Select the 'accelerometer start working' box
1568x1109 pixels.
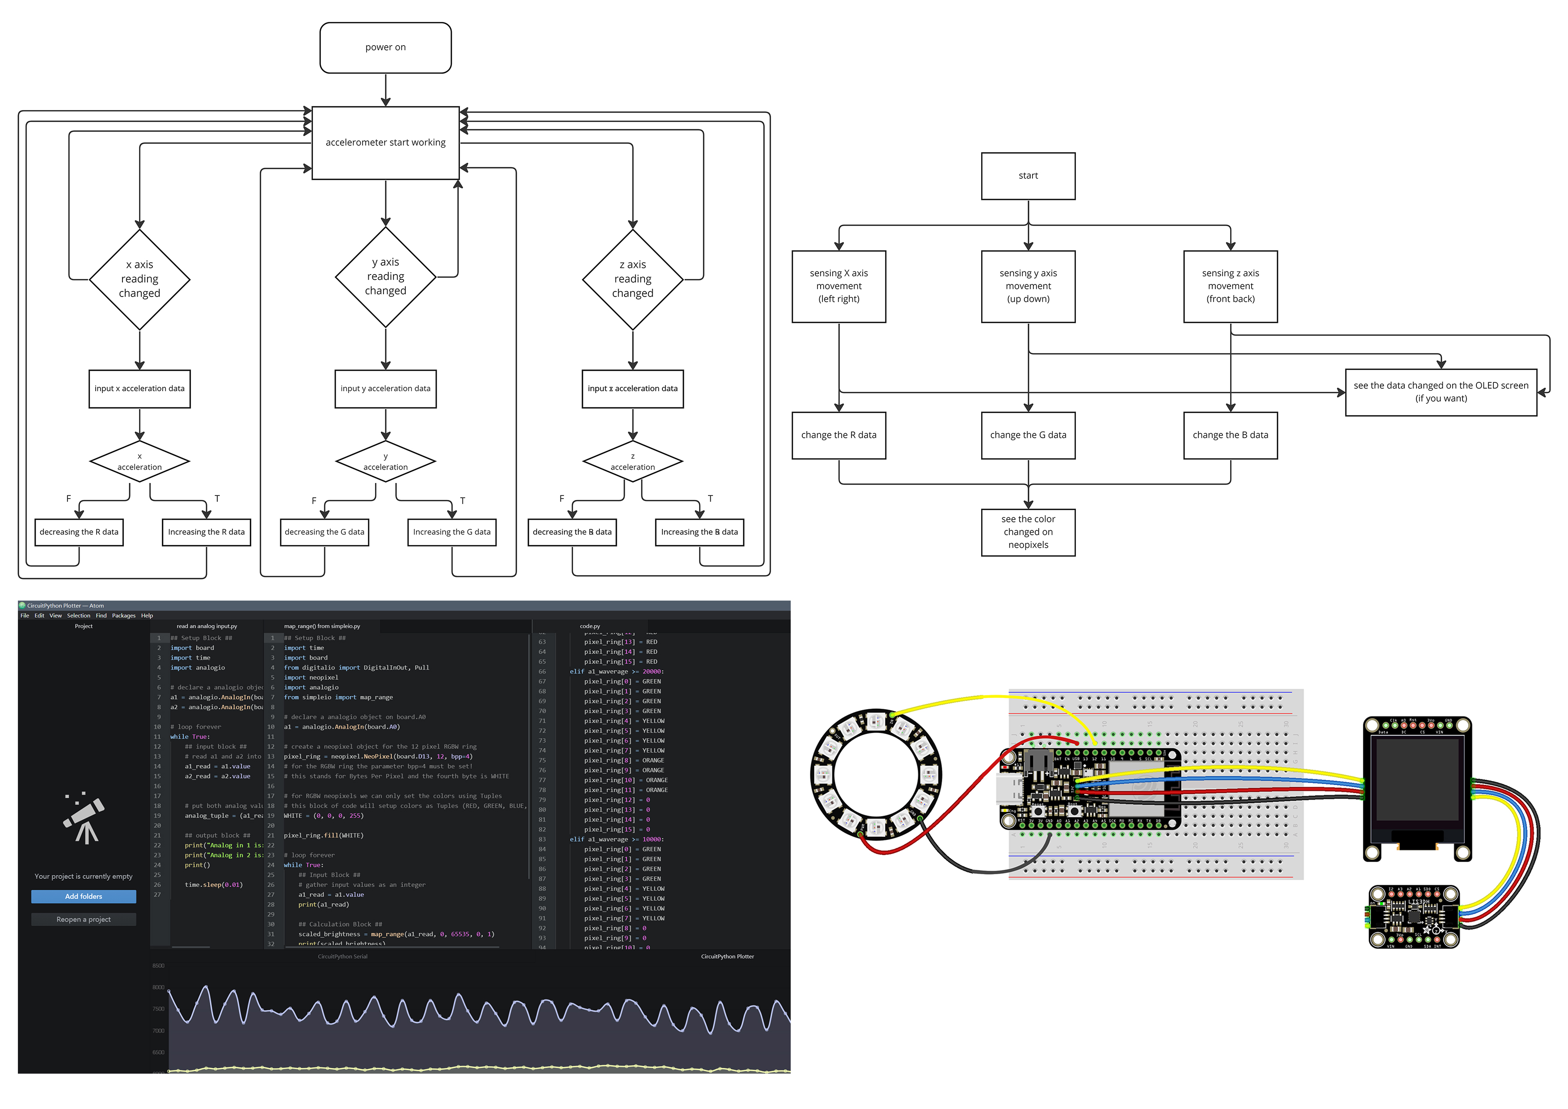coord(385,143)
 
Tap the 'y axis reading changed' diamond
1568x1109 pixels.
coord(385,277)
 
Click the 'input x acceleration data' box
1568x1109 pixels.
coord(139,389)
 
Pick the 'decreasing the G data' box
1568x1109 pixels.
coord(325,532)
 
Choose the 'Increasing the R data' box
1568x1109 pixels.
coord(206,532)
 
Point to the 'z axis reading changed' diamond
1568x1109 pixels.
coord(632,279)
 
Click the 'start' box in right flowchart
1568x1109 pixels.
coord(1028,176)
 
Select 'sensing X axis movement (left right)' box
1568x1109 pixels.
coord(839,286)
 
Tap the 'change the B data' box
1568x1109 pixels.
coord(1230,435)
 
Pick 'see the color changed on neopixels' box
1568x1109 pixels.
coord(1028,532)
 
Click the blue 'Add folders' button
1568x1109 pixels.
coord(83,897)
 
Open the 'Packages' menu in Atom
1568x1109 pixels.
coord(124,616)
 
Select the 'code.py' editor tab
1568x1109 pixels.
coord(590,626)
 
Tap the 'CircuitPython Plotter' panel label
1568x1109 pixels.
coord(727,957)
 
